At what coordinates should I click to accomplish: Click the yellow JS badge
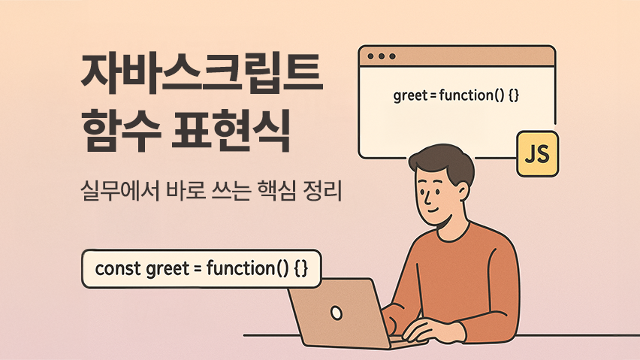point(538,154)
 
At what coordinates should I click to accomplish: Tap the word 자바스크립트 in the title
point(202,74)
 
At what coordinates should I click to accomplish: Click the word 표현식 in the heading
point(231,130)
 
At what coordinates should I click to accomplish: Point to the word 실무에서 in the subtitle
point(121,192)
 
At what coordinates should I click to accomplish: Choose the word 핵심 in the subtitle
point(276,192)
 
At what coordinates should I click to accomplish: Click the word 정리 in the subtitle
point(322,192)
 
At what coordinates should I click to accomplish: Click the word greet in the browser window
point(410,96)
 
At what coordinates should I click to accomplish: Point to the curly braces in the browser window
point(514,95)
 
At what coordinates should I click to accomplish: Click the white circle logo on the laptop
point(337,313)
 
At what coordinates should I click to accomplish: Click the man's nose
point(427,198)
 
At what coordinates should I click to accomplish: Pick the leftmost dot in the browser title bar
point(370,56)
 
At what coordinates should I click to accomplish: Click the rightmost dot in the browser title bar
point(392,56)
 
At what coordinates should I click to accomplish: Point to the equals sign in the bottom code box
point(198,269)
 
